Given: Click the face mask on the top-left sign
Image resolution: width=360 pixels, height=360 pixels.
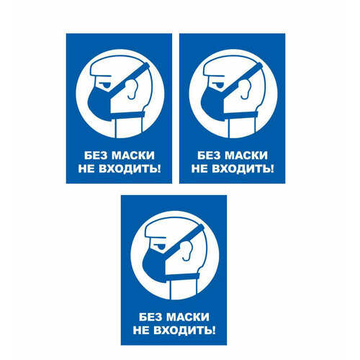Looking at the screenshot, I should pyautogui.click(x=104, y=102).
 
